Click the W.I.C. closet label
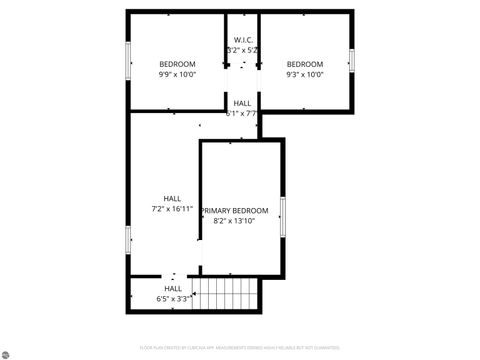(x=243, y=39)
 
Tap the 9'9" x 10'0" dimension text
(x=177, y=74)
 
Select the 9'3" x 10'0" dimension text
(x=304, y=74)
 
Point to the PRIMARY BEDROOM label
(x=235, y=210)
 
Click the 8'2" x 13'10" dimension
(x=235, y=221)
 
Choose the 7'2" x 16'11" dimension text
(x=172, y=209)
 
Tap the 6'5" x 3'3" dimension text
(x=173, y=299)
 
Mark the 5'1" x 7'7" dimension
(x=242, y=113)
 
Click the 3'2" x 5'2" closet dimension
(x=243, y=49)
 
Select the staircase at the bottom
(x=225, y=294)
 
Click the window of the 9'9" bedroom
(x=128, y=60)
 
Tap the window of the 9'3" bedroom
(x=352, y=60)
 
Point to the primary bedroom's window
(x=283, y=216)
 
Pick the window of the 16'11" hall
(x=128, y=240)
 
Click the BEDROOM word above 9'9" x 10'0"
(x=177, y=64)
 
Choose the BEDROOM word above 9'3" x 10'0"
(x=304, y=64)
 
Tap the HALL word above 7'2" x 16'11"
(x=172, y=198)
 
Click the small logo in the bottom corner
(x=7, y=352)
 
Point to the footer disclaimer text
(x=240, y=348)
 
